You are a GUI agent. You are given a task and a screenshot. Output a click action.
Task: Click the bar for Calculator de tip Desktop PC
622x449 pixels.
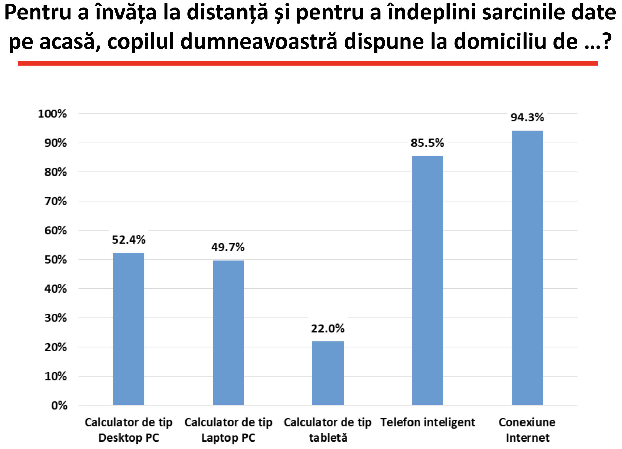(x=128, y=329)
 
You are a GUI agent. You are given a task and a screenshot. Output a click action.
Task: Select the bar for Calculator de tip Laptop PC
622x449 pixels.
(x=228, y=332)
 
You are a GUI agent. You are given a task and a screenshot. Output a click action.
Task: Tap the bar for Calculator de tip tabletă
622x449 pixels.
(x=328, y=373)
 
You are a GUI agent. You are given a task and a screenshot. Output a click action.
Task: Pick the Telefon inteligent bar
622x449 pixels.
(x=427, y=280)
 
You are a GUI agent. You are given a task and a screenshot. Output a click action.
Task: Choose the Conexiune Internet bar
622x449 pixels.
(x=527, y=268)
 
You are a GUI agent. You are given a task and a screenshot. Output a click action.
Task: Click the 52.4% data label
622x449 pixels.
(x=128, y=240)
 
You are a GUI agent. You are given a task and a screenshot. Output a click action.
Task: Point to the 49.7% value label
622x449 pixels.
(x=228, y=247)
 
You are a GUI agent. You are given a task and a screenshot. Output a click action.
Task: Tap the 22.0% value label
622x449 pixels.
(x=328, y=329)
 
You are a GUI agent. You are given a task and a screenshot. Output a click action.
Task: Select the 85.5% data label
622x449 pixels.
(x=427, y=143)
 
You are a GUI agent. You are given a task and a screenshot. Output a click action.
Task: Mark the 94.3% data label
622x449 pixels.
(x=527, y=117)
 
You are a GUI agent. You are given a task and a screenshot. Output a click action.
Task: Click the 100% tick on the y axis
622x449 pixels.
(x=52, y=114)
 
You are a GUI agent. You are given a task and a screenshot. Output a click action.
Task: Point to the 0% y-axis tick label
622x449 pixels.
(x=59, y=405)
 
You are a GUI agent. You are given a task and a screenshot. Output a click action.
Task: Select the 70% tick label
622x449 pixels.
(x=55, y=201)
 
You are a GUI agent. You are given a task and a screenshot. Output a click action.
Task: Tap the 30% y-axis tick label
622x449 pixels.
(x=55, y=318)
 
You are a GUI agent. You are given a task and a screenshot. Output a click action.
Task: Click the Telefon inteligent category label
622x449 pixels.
(x=427, y=422)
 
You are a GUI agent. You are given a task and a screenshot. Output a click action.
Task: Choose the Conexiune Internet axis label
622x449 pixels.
(x=527, y=430)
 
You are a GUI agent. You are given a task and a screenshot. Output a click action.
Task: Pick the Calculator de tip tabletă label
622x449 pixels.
(x=328, y=430)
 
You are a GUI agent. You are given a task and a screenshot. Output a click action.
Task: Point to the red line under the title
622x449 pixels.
(x=308, y=63)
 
